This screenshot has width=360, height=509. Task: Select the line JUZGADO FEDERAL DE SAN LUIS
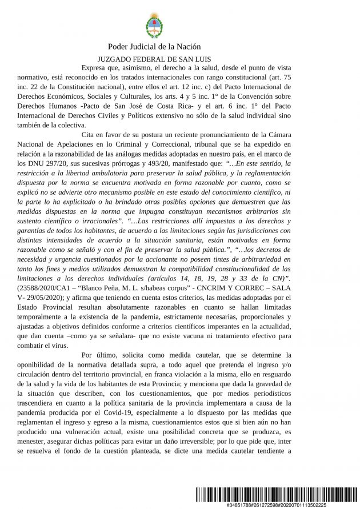point(154,59)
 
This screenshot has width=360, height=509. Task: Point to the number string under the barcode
point(277,506)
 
